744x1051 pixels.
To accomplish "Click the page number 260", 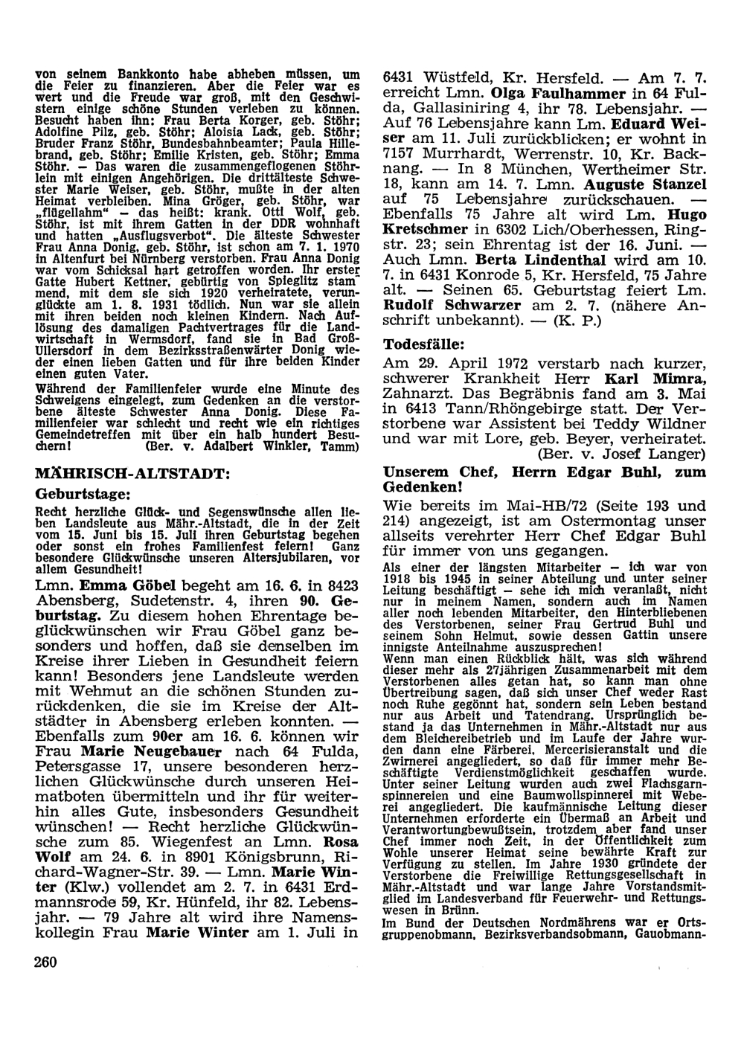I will pos(46,961).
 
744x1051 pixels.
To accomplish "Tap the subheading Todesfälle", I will pos(423,345).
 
